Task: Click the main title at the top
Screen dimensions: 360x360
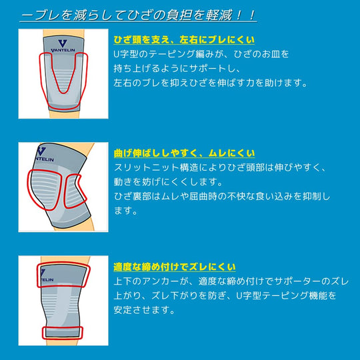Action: pos(139,15)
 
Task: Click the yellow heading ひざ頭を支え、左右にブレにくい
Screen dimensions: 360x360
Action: pos(184,40)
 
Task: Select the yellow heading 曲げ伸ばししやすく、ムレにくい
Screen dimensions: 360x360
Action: pos(184,153)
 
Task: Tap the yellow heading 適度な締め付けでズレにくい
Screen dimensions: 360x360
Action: pos(175,267)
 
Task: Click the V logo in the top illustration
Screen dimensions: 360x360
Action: pos(63,43)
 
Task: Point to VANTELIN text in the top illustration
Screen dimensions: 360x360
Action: pos(63,50)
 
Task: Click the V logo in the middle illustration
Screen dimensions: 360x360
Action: pos(41,151)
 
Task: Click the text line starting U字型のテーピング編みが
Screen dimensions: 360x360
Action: pos(201,54)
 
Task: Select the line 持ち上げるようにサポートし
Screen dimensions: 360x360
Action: pos(177,69)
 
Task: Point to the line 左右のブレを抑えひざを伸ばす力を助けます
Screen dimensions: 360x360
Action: pos(210,83)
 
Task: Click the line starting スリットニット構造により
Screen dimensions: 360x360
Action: pos(220,167)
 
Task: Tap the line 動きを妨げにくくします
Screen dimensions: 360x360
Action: pos(168,182)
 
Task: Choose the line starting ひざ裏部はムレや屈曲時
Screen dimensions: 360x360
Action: pos(222,196)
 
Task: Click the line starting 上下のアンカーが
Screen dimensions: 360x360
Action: pos(231,281)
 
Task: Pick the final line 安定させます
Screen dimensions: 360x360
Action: pos(144,310)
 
